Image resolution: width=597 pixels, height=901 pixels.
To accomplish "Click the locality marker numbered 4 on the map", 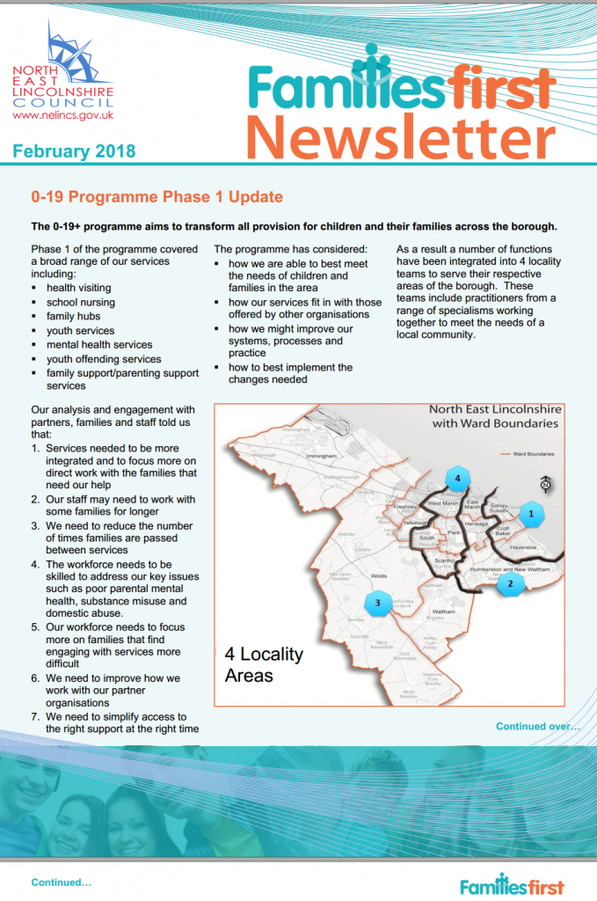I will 455,480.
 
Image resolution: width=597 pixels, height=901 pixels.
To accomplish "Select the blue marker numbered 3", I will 377,603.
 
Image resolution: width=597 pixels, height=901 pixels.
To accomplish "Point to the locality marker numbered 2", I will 510,583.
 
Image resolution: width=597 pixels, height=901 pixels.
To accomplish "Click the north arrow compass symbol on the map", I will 546,482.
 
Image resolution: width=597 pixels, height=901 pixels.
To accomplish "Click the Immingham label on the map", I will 322,458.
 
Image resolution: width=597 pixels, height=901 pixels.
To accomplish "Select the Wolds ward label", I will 379,577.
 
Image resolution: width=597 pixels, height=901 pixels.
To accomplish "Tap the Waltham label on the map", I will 445,612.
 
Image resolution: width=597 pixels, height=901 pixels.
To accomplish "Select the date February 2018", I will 74,151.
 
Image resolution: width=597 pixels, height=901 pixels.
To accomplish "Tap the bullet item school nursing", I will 80,302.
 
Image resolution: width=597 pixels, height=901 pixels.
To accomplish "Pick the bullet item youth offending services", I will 104,359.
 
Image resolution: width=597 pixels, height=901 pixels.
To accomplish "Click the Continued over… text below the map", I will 537,727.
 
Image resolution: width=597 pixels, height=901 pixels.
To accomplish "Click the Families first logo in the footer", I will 511,885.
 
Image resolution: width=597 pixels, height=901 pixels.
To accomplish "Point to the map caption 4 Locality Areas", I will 264,664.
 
